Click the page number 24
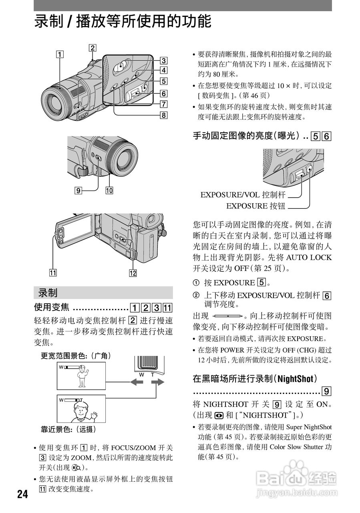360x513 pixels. (22, 494)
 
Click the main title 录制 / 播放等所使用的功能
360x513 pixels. (123, 21)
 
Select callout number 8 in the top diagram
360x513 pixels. (163, 115)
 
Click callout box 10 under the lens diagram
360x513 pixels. (109, 191)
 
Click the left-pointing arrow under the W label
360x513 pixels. (137, 382)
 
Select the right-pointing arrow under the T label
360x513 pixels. (158, 382)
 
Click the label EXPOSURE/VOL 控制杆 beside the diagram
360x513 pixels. (243, 195)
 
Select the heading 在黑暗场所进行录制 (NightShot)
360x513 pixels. (255, 378)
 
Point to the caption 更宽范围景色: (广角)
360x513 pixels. (76, 355)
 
